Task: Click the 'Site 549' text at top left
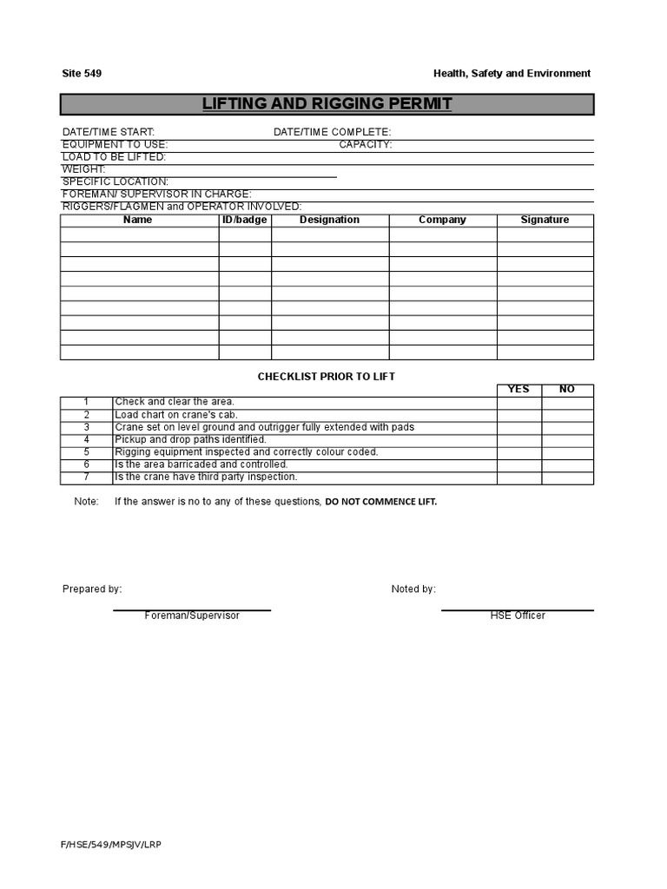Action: [x=82, y=74]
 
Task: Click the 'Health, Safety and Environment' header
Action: [x=512, y=74]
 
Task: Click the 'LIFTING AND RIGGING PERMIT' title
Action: [x=327, y=104]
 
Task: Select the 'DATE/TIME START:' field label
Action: [x=108, y=132]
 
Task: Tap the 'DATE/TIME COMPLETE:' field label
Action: [x=332, y=132]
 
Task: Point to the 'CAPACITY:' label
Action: [x=365, y=145]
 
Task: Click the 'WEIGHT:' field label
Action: [x=83, y=169]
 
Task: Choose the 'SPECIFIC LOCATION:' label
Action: [x=115, y=181]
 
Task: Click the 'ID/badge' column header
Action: [x=245, y=221]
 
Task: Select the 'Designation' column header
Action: [x=329, y=221]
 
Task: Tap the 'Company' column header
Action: [x=442, y=221]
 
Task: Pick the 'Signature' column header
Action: [x=545, y=221]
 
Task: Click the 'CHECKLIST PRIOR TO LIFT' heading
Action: [x=327, y=377]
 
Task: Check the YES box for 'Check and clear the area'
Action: [x=519, y=402]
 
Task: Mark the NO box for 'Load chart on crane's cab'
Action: [x=568, y=415]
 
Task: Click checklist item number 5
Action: [x=87, y=452]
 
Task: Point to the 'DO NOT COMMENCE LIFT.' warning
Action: [x=381, y=502]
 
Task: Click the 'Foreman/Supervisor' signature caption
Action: [x=192, y=616]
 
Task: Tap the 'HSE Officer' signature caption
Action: [x=518, y=616]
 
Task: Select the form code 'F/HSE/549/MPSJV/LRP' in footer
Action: [x=111, y=845]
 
